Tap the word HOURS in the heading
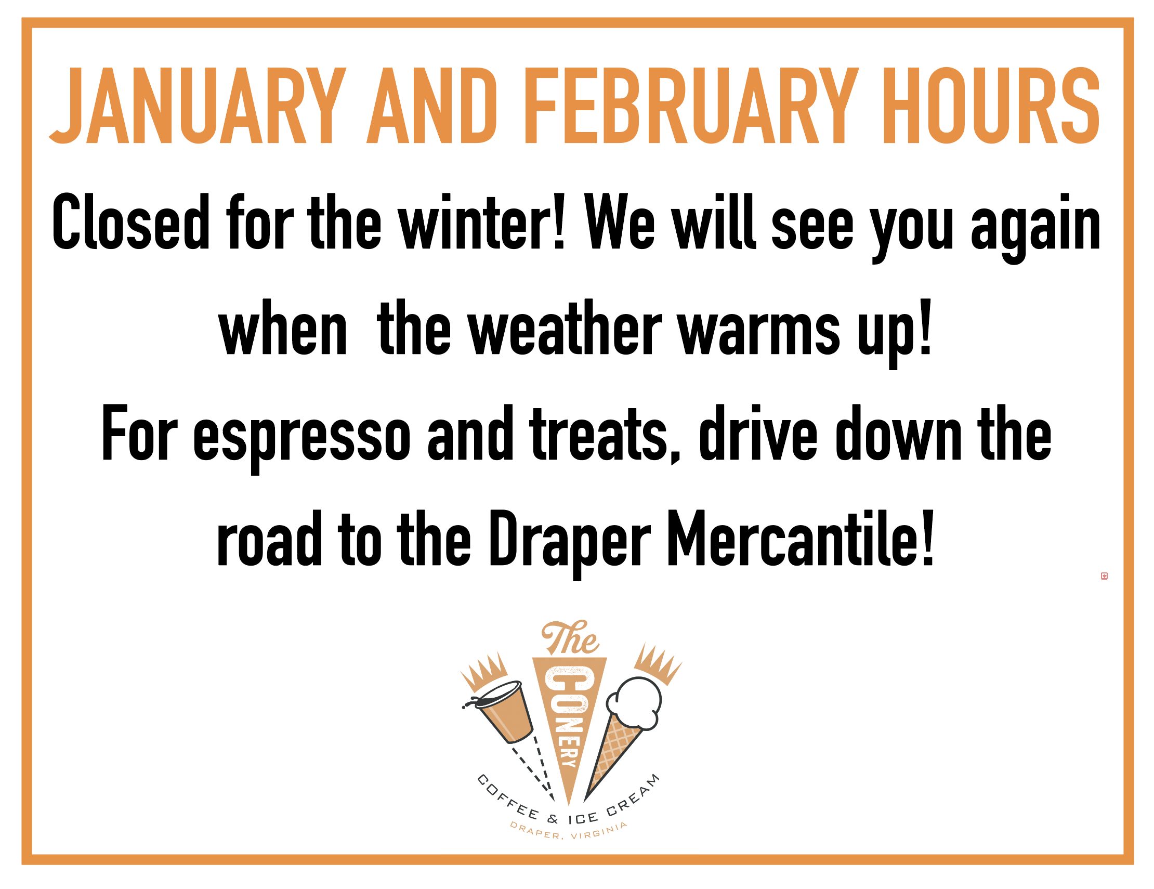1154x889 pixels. click(x=991, y=106)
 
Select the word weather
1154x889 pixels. click(x=565, y=328)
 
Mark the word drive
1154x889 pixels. click(x=758, y=434)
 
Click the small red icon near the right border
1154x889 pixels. click(x=1104, y=576)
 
